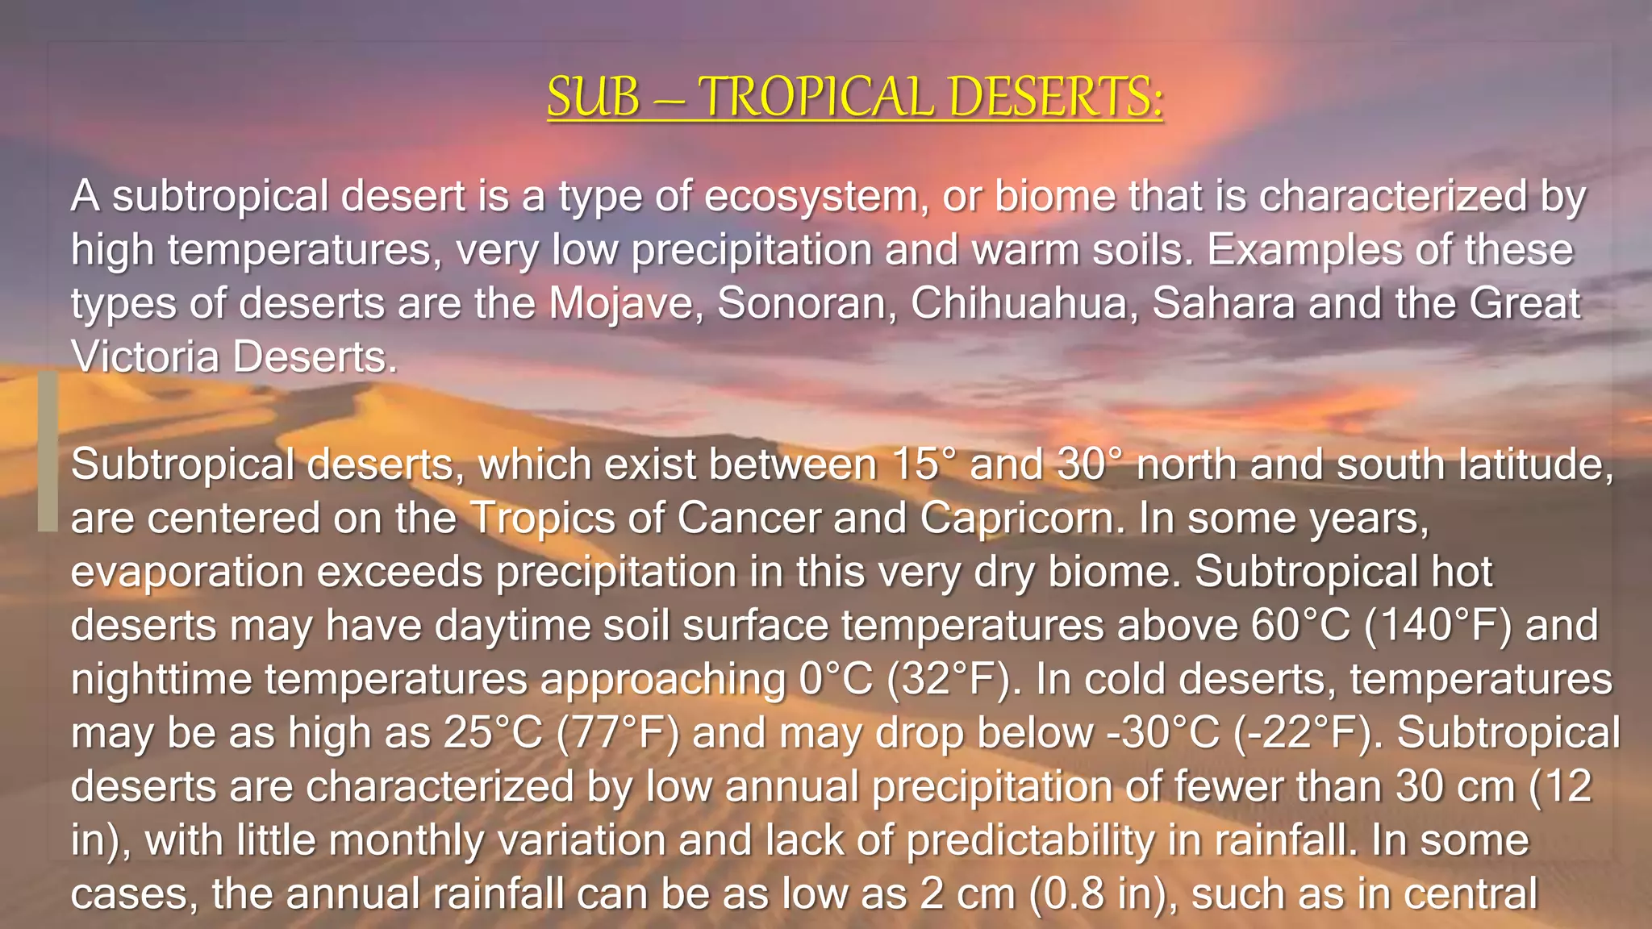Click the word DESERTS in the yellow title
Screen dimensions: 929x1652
[1055, 97]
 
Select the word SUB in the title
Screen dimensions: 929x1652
[593, 97]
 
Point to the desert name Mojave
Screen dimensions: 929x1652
[620, 304]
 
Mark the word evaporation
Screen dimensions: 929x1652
[187, 573]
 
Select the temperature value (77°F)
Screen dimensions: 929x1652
[618, 733]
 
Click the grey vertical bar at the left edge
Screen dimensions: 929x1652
[48, 452]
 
